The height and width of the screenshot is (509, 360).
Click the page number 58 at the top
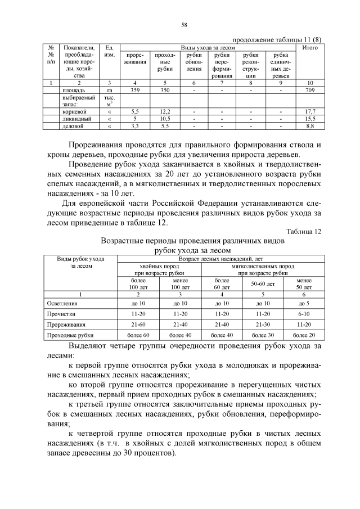pyautogui.click(x=183, y=25)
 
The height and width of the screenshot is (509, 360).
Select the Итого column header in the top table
pyautogui.click(x=310, y=48)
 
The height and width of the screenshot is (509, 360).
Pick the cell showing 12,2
pyautogui.click(x=165, y=111)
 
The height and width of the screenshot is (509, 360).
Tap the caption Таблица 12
pyautogui.click(x=304, y=231)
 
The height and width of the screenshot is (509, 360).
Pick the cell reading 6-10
pyautogui.click(x=304, y=314)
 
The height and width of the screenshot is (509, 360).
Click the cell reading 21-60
pyautogui.click(x=138, y=325)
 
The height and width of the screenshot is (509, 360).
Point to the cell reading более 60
pyautogui.click(x=138, y=335)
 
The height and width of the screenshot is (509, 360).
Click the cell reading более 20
pyautogui.click(x=304, y=335)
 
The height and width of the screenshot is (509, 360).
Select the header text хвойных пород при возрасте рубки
pyautogui.click(x=159, y=269)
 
